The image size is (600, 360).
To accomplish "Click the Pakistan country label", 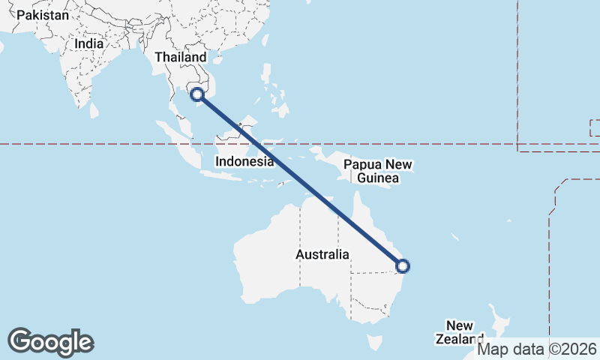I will pyautogui.click(x=43, y=15).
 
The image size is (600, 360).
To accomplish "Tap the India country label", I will pyautogui.click(x=89, y=44).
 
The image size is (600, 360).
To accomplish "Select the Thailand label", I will pyautogui.click(x=180, y=58).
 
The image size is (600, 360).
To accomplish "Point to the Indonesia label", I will pyautogui.click(x=244, y=161).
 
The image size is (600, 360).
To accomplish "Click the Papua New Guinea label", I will pyautogui.click(x=379, y=172).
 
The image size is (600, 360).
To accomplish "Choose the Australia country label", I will pyautogui.click(x=322, y=255).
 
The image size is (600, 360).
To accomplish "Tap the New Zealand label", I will pyautogui.click(x=459, y=331).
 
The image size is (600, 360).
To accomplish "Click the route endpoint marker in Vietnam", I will pyautogui.click(x=197, y=94).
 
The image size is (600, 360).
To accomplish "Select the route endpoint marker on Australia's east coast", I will pyautogui.click(x=403, y=265).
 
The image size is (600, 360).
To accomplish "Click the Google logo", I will pyautogui.click(x=51, y=342).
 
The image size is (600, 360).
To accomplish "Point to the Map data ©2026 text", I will pyautogui.click(x=538, y=349).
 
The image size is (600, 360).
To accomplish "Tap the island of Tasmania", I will pyautogui.click(x=373, y=343).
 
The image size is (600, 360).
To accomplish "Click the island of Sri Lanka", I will pyautogui.click(x=94, y=110).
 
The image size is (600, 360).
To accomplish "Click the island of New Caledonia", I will pyautogui.click(x=455, y=237).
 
